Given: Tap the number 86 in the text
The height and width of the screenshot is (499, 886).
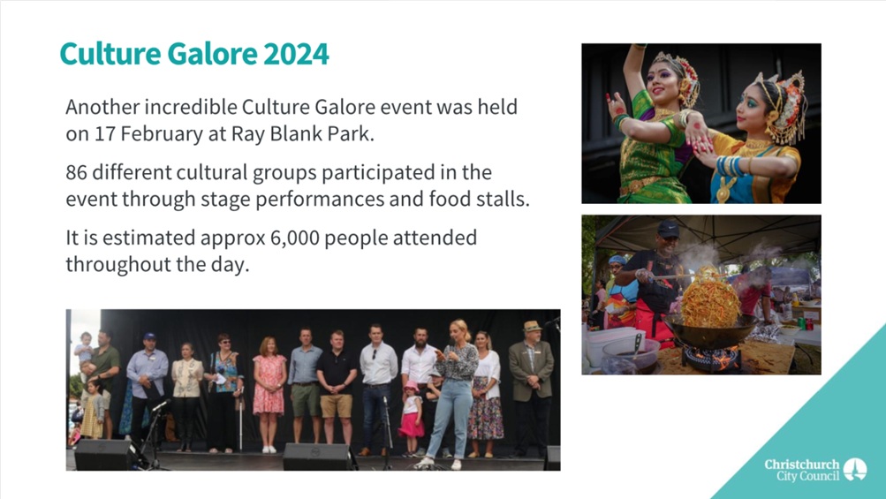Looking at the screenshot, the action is click(76, 172).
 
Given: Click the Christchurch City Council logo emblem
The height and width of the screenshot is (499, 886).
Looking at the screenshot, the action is click(855, 469).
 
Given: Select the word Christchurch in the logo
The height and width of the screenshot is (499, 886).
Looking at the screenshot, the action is click(802, 465).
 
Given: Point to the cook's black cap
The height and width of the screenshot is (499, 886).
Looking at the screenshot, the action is click(668, 229).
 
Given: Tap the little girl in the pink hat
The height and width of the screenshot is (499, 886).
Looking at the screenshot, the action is click(412, 417).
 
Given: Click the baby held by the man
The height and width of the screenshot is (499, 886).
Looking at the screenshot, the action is click(85, 351).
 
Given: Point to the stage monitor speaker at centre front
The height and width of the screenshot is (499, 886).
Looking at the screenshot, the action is click(320, 456).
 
